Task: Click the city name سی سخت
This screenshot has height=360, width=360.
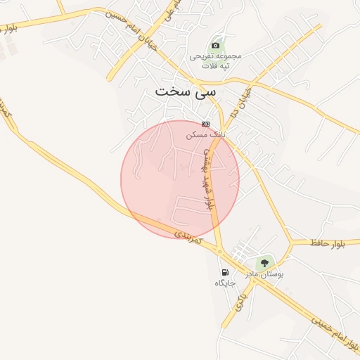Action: pyautogui.click(x=185, y=91)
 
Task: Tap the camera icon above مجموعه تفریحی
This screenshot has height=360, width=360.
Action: pyautogui.click(x=215, y=46)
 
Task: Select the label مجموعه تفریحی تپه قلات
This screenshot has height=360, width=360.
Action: pyautogui.click(x=215, y=60)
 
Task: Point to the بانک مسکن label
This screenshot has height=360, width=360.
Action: pyautogui.click(x=205, y=133)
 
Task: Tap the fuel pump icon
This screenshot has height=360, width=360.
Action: pyautogui.click(x=224, y=272)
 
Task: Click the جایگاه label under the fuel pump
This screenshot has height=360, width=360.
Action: pyautogui.click(x=224, y=283)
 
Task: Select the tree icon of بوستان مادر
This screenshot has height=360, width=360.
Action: pyautogui.click(x=264, y=262)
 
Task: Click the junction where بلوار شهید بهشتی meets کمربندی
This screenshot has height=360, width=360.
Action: pyautogui.click(x=219, y=250)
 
